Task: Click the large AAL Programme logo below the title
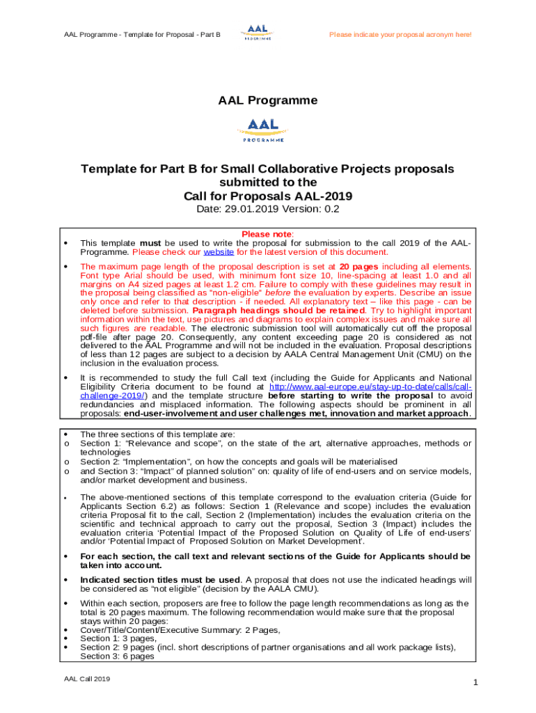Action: (267, 130)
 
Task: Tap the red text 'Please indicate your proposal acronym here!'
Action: (400, 34)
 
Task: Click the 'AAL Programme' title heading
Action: (267, 100)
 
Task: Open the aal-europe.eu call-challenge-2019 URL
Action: (369, 386)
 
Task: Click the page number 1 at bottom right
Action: (475, 683)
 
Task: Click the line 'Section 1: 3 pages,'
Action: (118, 638)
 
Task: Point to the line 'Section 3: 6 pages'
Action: (117, 656)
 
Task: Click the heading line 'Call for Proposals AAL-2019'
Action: (267, 196)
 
